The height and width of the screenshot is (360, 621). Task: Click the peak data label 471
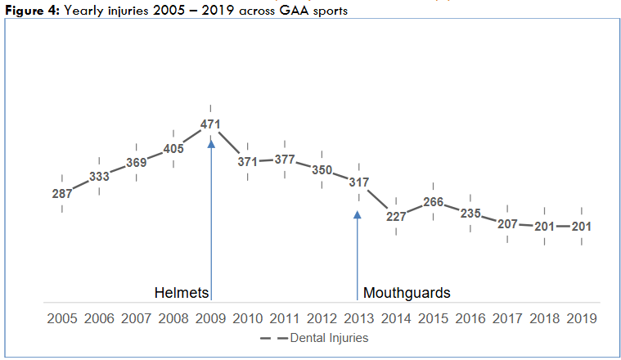pyautogui.click(x=211, y=124)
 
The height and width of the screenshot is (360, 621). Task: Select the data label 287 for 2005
pyautogui.click(x=62, y=194)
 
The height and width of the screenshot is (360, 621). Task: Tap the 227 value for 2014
pyautogui.click(x=396, y=217)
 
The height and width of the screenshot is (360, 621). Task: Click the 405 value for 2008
pyautogui.click(x=173, y=149)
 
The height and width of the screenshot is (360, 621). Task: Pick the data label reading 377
pyautogui.click(x=285, y=160)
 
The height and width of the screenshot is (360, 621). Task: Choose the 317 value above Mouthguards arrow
pyautogui.click(x=358, y=182)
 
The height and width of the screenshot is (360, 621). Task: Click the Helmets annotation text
pyautogui.click(x=182, y=293)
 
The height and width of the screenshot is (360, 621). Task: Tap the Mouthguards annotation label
pyautogui.click(x=407, y=293)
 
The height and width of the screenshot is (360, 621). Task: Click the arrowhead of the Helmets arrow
pyautogui.click(x=211, y=143)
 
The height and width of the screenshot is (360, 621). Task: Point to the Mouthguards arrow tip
pyautogui.click(x=358, y=214)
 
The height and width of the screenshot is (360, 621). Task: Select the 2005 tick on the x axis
pyautogui.click(x=62, y=317)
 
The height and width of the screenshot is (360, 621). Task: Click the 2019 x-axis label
pyautogui.click(x=581, y=317)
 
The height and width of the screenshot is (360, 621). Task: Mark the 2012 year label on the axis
pyautogui.click(x=322, y=317)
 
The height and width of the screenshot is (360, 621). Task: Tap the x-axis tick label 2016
pyautogui.click(x=470, y=317)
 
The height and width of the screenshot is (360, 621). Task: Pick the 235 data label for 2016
pyautogui.click(x=470, y=213)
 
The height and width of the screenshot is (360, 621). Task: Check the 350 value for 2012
pyautogui.click(x=322, y=170)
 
